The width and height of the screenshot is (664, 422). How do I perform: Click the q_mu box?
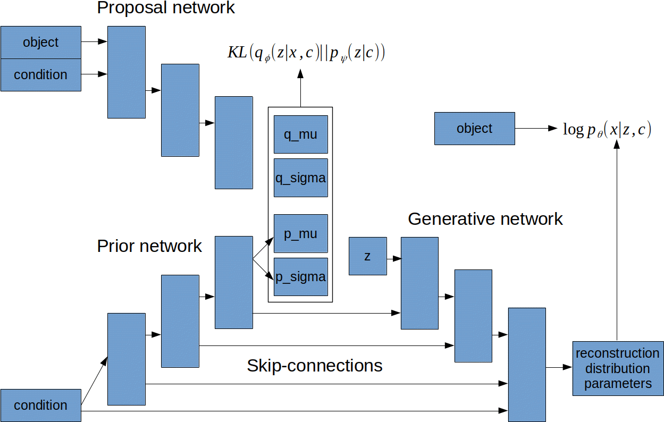point(300,134)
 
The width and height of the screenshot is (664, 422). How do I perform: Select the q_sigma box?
point(300,178)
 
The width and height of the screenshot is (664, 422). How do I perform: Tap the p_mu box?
point(300,234)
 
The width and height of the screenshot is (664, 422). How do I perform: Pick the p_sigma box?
point(300,277)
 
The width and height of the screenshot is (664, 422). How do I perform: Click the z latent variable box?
point(367,256)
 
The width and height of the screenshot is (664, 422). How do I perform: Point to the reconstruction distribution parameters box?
point(617,368)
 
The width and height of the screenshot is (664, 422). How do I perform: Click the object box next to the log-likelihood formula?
point(474,128)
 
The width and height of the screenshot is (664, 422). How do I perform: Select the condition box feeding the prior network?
point(40,405)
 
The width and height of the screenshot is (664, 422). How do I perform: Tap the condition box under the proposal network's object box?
point(40,75)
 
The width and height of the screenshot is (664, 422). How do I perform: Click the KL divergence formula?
point(306,53)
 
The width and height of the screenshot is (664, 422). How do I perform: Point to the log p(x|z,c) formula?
point(607,129)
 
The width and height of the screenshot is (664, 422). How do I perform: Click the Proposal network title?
point(166,8)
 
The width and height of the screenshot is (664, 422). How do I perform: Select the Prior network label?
point(150,246)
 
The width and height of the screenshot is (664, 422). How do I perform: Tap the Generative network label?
point(485,219)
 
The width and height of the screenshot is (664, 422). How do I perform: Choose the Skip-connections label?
point(315,366)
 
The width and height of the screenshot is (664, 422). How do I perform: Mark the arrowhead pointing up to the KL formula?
point(300,74)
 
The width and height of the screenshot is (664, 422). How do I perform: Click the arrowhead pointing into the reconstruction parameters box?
point(567,367)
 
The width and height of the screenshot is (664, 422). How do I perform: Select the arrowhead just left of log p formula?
point(553,129)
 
